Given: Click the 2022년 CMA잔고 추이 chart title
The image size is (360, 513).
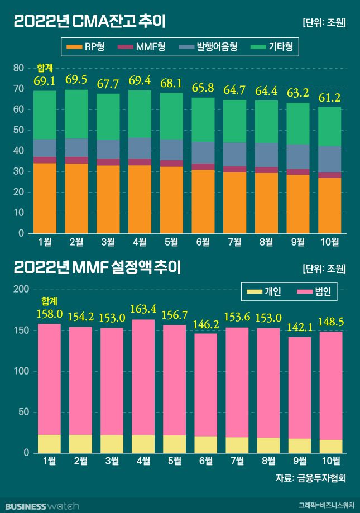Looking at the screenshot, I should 89,22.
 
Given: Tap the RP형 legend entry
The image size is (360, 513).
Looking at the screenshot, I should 84,47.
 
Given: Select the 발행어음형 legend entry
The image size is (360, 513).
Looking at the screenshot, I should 209,47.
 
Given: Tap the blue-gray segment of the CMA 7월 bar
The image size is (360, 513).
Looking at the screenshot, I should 235,154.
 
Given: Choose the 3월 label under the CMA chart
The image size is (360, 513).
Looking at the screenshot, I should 108,242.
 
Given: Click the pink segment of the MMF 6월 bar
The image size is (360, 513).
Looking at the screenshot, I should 206,385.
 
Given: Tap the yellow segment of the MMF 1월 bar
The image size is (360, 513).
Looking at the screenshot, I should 49,443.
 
